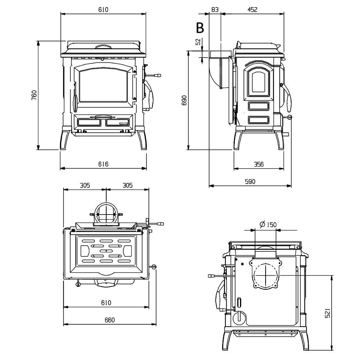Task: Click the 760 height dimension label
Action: click(34, 95)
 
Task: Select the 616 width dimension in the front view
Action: click(103, 164)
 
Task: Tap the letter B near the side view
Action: click(200, 28)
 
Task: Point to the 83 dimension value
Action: click(215, 10)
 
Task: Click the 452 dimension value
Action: click(252, 10)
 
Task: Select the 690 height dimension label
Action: click(184, 100)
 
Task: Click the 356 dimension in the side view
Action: click(258, 164)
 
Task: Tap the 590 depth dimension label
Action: click(250, 182)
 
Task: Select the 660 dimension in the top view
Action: click(110, 320)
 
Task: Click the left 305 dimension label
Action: click(85, 185)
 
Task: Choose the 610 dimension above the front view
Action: click(103, 10)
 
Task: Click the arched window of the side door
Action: click(258, 81)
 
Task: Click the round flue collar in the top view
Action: click(106, 214)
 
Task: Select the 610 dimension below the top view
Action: click(106, 303)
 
